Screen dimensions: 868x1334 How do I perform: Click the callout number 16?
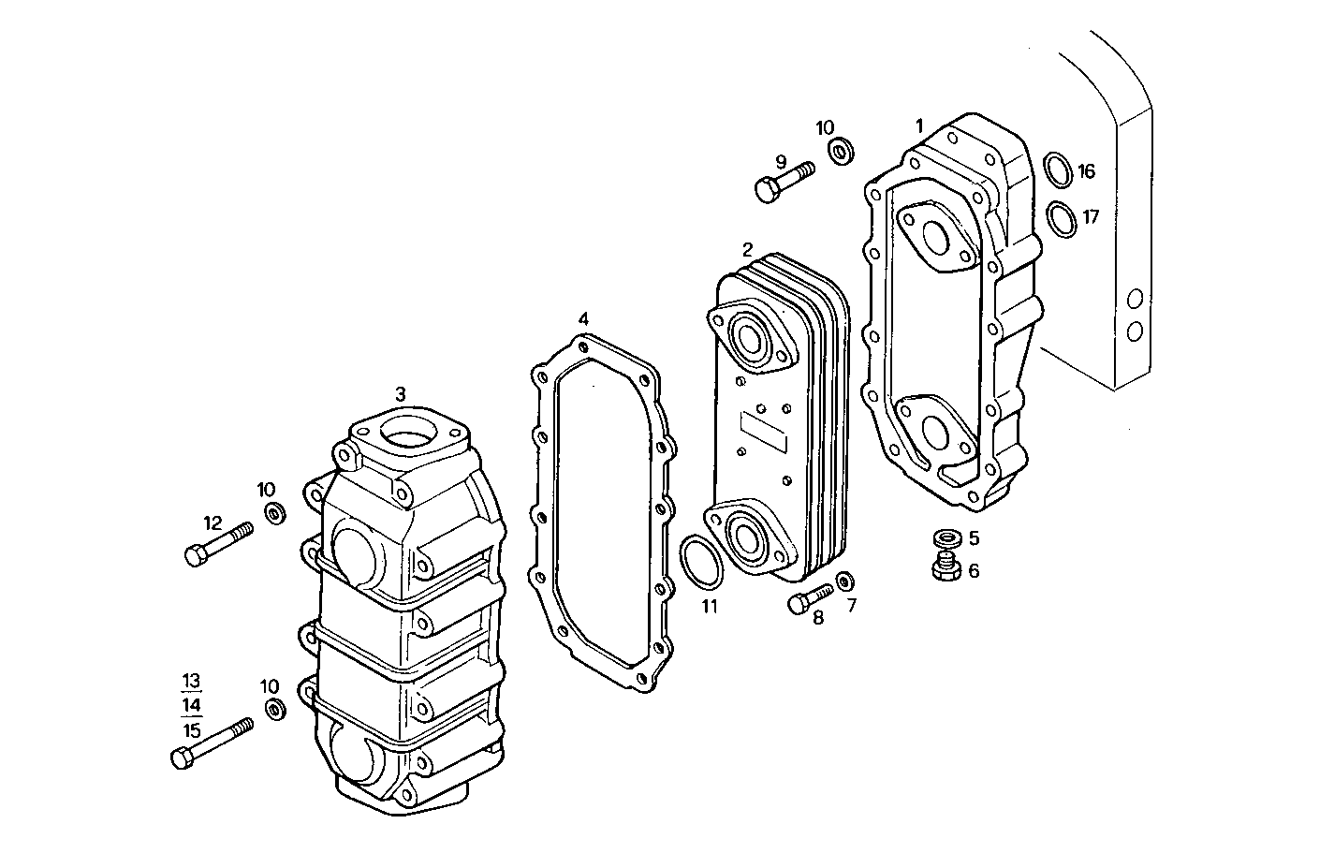point(1086,171)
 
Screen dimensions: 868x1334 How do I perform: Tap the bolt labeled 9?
point(782,181)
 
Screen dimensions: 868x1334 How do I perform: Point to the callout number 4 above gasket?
point(583,318)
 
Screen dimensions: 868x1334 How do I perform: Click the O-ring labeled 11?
point(701,561)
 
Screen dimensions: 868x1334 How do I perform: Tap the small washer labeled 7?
point(843,581)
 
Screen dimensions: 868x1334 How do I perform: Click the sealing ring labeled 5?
point(947,538)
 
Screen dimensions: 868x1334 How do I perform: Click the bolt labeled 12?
point(217,543)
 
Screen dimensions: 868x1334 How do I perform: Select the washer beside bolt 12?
point(274,513)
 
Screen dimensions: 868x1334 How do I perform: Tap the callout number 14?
point(192,705)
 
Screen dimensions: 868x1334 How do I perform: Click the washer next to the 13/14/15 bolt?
point(274,709)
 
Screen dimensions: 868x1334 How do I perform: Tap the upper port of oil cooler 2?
point(749,336)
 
